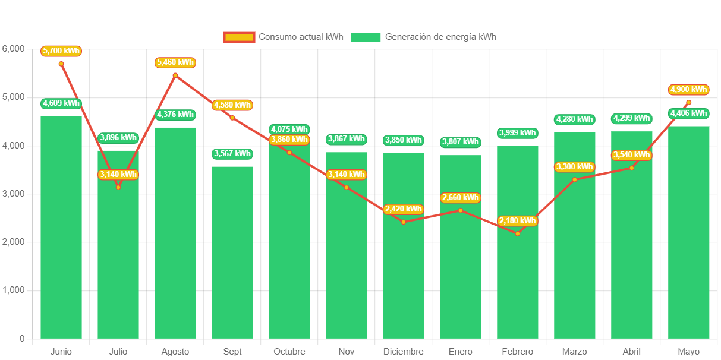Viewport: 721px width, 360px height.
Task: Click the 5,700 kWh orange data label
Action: click(61, 51)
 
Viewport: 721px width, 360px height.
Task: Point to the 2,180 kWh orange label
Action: click(518, 221)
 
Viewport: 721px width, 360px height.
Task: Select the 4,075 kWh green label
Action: click(289, 129)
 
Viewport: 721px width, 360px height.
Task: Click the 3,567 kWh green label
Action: click(232, 154)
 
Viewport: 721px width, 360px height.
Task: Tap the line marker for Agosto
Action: click(175, 75)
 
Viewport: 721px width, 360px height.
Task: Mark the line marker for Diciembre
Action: click(404, 222)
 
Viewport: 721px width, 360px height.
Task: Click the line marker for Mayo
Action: click(688, 102)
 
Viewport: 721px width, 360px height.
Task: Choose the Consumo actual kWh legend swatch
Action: click(239, 37)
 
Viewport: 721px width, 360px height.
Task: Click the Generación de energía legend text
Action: click(440, 37)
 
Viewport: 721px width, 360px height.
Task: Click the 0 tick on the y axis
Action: click(22, 339)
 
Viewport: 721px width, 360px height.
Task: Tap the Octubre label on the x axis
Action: click(289, 352)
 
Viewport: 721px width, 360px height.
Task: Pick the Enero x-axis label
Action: click(461, 352)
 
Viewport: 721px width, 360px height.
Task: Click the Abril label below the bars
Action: click(632, 352)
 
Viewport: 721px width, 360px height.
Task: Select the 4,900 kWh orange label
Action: click(688, 90)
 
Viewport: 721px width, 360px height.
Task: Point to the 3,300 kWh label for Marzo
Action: click(574, 167)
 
